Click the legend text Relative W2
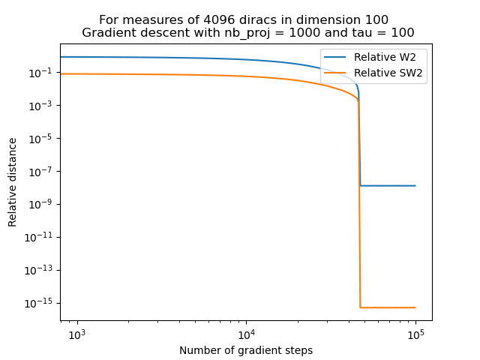point(385,58)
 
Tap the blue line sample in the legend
point(336,58)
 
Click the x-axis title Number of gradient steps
point(246,350)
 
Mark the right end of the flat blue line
point(415,185)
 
